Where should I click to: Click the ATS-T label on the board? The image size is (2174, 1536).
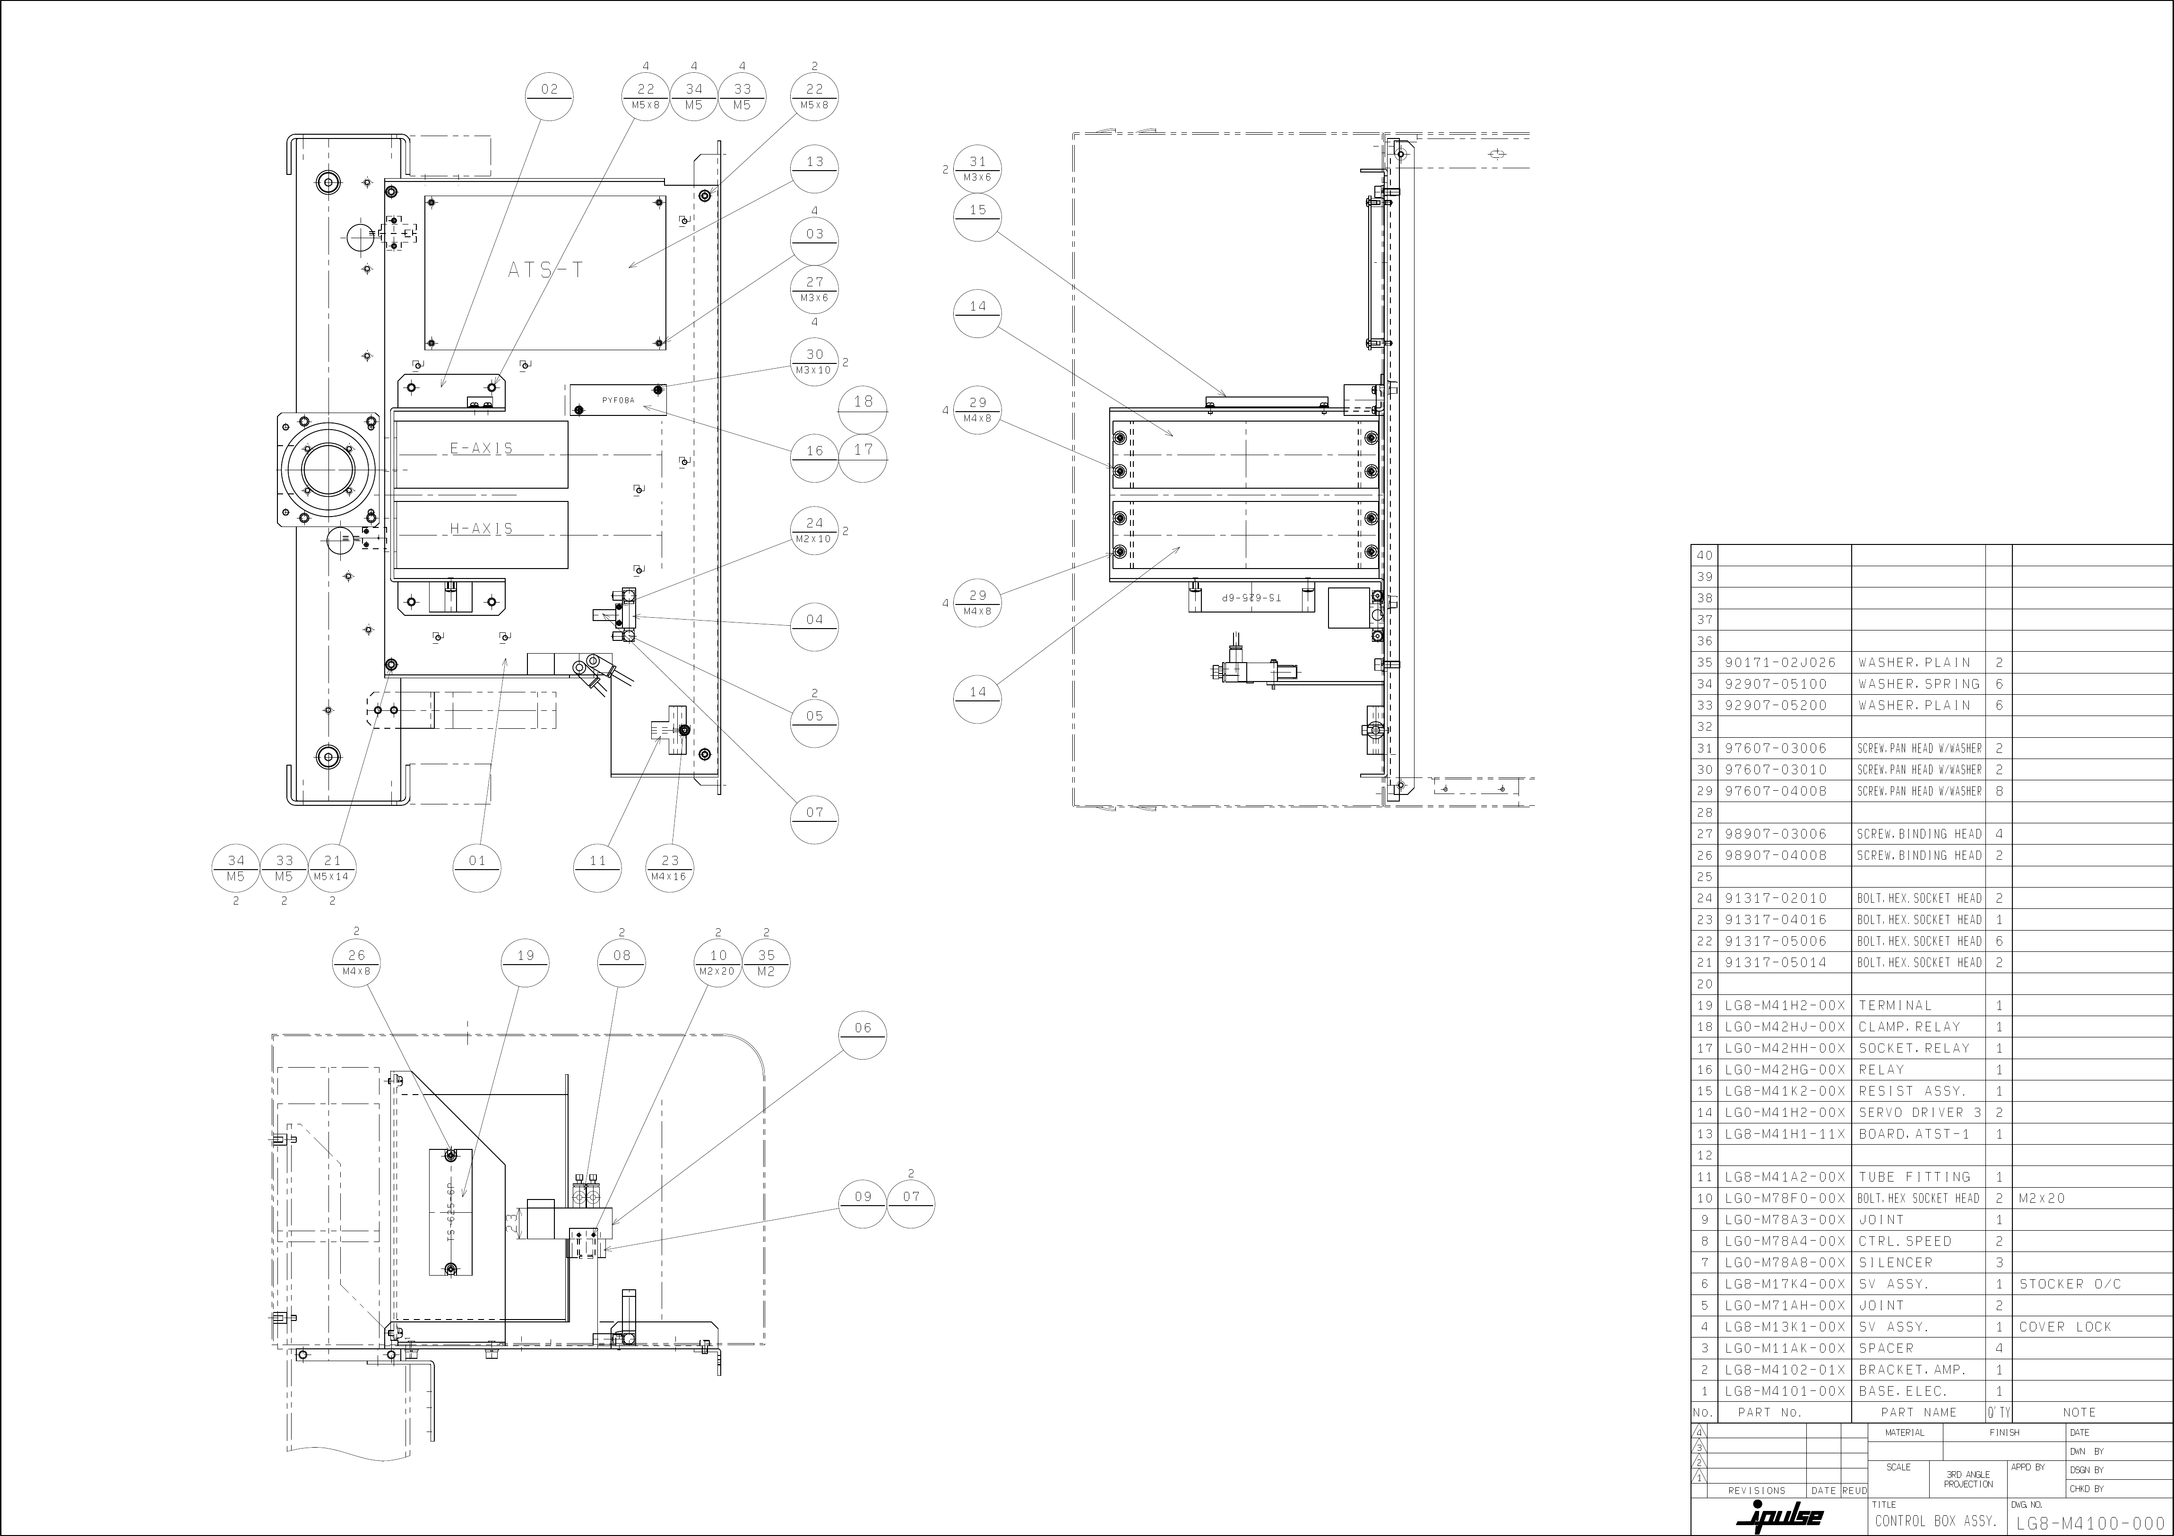[545, 270]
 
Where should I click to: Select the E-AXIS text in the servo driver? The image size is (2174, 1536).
[481, 448]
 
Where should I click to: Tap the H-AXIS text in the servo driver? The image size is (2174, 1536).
[481, 528]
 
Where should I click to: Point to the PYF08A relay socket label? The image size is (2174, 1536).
[618, 401]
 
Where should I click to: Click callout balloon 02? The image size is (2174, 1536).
[549, 96]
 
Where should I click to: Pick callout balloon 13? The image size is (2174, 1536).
[814, 169]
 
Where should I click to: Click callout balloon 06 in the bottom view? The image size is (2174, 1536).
[862, 1035]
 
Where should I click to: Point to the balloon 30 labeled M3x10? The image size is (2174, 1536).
[814, 361]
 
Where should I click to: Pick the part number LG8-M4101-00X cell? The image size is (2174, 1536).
[1785, 1391]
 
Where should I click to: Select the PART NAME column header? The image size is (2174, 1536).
[1918, 1412]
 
